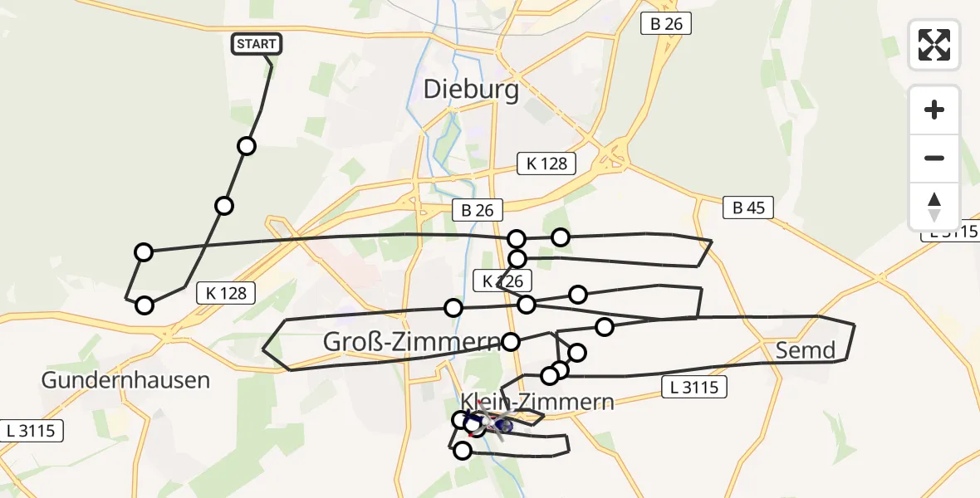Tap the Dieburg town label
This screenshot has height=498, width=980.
tap(471, 89)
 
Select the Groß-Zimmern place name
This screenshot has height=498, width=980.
tap(411, 341)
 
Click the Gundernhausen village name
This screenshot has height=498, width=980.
tap(125, 381)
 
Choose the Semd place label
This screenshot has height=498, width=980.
tap(805, 350)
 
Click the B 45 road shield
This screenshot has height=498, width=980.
tap(747, 208)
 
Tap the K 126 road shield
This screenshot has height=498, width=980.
tap(503, 281)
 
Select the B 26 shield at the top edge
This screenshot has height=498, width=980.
tap(666, 24)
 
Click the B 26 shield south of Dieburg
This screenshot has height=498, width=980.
tap(478, 211)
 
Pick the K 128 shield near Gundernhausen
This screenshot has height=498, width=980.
tap(226, 292)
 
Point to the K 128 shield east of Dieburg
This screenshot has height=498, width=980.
tap(546, 164)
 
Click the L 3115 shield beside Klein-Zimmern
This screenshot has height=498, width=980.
tap(694, 386)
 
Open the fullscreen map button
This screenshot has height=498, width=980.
tap(934, 45)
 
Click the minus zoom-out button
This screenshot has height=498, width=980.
tap(934, 158)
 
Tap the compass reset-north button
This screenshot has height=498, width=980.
tap(934, 207)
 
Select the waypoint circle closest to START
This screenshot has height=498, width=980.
tap(246, 147)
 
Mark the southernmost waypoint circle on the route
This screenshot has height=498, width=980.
tap(463, 451)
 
